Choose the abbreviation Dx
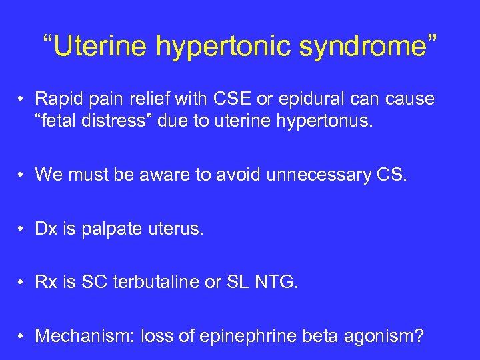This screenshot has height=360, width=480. coord(46,230)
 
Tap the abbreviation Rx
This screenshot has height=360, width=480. coord(46,283)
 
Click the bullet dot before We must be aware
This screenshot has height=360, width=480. coord(23,175)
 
